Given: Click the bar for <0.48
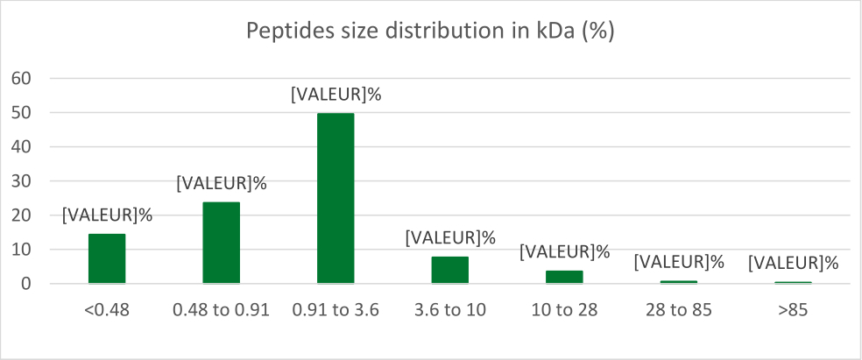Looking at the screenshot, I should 107,258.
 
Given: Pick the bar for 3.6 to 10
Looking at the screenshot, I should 450,270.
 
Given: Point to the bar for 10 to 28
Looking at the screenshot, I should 564,277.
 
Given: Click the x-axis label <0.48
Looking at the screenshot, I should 107,309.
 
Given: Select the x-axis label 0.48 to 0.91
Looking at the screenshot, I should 222,309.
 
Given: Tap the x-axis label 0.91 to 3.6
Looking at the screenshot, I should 336,309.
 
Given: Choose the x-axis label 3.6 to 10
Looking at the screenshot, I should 450,309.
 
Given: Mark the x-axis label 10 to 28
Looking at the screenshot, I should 564,309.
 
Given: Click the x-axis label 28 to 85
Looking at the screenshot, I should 679,309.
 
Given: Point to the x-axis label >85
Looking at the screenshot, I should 793,309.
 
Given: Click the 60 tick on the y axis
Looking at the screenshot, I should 20,79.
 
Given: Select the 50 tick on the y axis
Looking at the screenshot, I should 20,113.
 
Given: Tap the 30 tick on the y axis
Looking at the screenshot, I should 20,181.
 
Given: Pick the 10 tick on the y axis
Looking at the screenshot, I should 20,250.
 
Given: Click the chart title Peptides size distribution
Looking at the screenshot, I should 430,32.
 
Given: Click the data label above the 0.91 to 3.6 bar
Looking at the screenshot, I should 336,95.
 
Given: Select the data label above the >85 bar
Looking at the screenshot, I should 793,262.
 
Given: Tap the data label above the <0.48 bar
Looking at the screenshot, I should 107,214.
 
